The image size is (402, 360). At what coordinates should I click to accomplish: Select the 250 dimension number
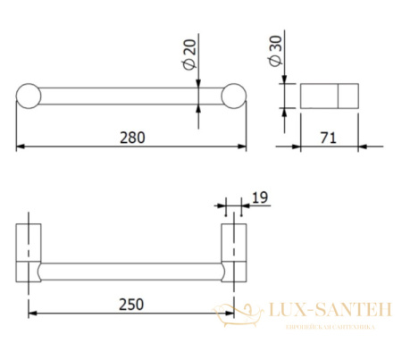click(x=131, y=304)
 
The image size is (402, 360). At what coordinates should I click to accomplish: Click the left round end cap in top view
click(x=27, y=96)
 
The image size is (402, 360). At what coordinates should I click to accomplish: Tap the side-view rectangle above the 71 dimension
click(x=328, y=96)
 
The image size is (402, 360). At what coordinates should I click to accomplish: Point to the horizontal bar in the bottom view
click(x=131, y=272)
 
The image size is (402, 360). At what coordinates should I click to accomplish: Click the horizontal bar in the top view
click(x=131, y=96)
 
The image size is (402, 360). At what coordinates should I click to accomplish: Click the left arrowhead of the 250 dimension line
click(x=33, y=313)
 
